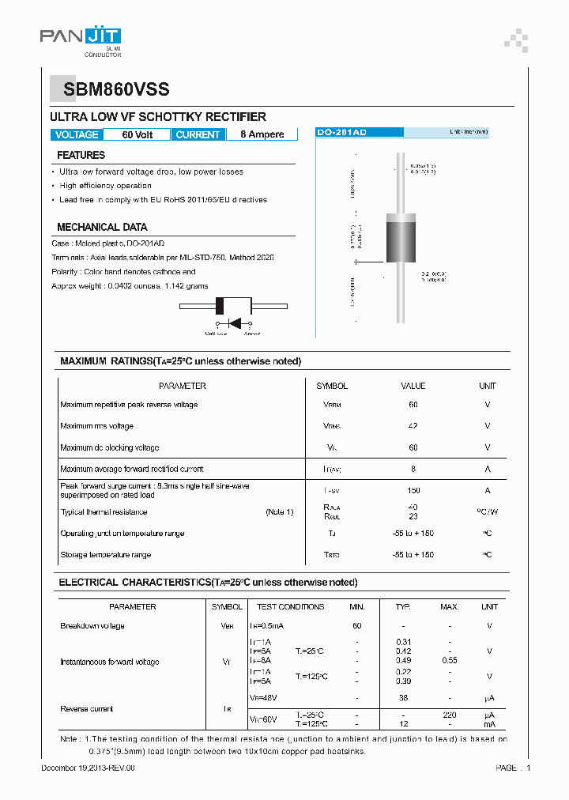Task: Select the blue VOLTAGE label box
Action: click(x=77, y=134)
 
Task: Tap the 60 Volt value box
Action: click(x=138, y=134)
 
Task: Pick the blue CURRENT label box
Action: click(x=198, y=134)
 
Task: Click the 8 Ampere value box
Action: click(x=262, y=134)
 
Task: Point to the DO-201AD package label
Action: click(x=341, y=133)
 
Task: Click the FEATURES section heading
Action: click(x=81, y=156)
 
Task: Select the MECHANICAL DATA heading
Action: click(x=102, y=227)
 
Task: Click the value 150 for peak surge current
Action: click(x=413, y=490)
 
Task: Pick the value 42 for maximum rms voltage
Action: click(x=413, y=426)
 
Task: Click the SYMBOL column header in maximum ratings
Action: click(x=332, y=386)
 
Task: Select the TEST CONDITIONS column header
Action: click(x=290, y=607)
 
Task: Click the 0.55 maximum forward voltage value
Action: click(x=449, y=659)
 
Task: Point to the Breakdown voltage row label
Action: click(x=92, y=626)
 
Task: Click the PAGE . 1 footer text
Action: click(x=513, y=768)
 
